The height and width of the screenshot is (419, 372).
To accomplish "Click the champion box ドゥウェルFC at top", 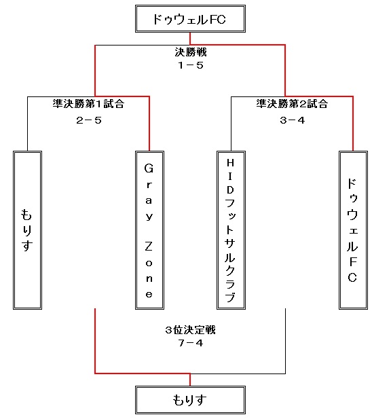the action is [x=190, y=19].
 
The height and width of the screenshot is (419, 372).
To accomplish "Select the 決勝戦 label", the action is [x=191, y=52].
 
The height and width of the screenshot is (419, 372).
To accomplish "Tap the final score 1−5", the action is [x=191, y=65].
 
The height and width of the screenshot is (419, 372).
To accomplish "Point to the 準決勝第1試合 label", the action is [x=88, y=104].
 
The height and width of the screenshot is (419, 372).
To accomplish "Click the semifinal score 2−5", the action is [x=89, y=120].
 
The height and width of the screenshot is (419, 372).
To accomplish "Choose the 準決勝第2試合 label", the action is [x=292, y=104].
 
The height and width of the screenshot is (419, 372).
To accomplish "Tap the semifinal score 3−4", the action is [x=293, y=120].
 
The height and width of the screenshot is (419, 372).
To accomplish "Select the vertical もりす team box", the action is [x=28, y=230].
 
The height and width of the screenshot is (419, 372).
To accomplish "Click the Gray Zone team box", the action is [x=149, y=230].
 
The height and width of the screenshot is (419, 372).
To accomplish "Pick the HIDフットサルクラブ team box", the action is [x=231, y=230].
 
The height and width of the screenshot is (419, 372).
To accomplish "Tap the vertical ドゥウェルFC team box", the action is [x=353, y=230].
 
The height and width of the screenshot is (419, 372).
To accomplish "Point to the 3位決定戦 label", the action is [x=190, y=330].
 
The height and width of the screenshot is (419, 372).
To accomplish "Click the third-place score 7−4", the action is [x=191, y=343].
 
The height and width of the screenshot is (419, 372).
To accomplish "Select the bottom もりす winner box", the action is [x=190, y=400].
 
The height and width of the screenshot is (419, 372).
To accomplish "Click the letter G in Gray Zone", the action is [x=149, y=168].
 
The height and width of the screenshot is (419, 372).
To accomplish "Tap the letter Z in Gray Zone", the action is [x=149, y=247].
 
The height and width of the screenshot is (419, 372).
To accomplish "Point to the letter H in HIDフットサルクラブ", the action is [x=230, y=163].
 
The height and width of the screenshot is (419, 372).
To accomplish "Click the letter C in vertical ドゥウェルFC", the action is [x=352, y=278].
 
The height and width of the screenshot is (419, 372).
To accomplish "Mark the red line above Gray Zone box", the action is [x=149, y=124].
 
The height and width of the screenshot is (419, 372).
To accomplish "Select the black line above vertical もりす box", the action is [x=28, y=124].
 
